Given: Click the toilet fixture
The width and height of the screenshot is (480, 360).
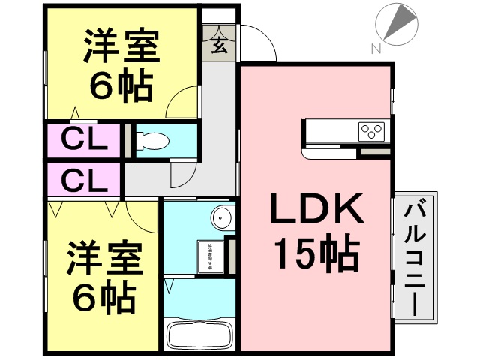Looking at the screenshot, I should point(154,140).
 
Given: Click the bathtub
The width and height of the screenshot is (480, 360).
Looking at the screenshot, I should point(199,334).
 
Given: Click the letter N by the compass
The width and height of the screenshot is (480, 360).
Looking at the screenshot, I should point(375,49).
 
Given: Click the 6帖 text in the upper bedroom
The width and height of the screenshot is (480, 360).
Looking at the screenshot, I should point(120,86).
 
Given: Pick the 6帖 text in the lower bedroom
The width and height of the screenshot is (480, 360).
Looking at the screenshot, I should point(103,298).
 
